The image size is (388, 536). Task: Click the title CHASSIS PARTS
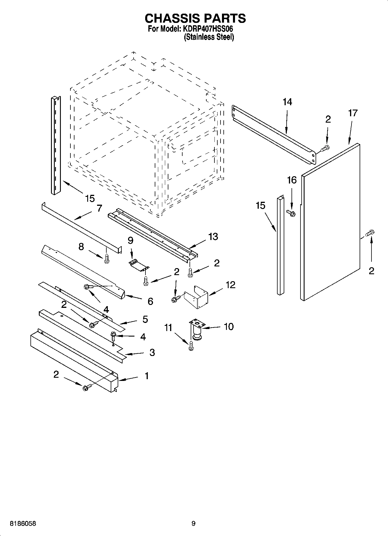pos(195,18)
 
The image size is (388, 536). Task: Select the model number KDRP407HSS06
pos(208,29)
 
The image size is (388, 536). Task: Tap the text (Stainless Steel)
pos(209,37)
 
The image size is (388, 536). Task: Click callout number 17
pos(353,113)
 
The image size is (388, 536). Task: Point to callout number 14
pos(287,102)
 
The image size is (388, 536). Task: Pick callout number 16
pos(292,180)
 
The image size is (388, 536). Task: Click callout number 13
pos(213,237)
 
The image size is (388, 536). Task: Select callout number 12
pos(230,285)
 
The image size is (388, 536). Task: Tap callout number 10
pos(229,326)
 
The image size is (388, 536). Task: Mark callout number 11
pos(168,328)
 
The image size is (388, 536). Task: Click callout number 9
pos(130,240)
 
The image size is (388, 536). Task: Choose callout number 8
pos(81,246)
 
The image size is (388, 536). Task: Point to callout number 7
pos(99,208)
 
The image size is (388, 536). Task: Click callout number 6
pos(150,301)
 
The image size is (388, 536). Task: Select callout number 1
pos(147,376)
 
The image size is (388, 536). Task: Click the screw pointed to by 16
pos(290,213)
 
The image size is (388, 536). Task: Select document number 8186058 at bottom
pos(23,524)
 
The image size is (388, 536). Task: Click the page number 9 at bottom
pos(193,524)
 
